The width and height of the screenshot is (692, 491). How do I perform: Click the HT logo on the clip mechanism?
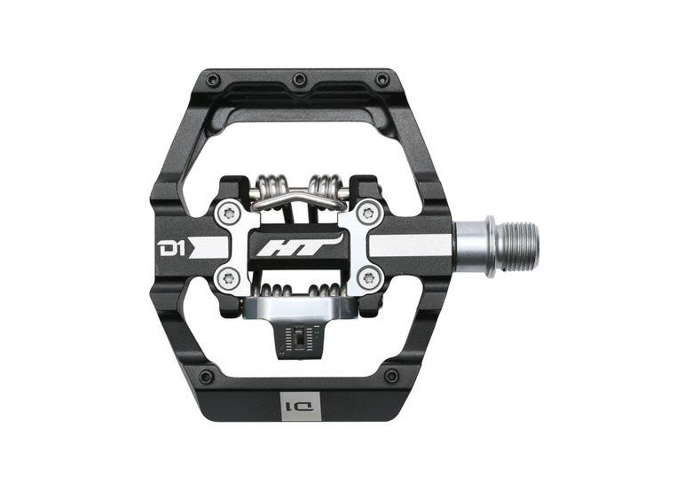click(300, 247)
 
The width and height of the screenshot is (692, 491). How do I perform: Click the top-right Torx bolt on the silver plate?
click(367, 214)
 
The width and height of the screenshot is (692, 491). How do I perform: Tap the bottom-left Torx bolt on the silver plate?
click(228, 278)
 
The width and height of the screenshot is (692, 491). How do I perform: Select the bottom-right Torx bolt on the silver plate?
click(367, 278)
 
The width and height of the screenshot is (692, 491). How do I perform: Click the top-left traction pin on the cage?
click(214, 80)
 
